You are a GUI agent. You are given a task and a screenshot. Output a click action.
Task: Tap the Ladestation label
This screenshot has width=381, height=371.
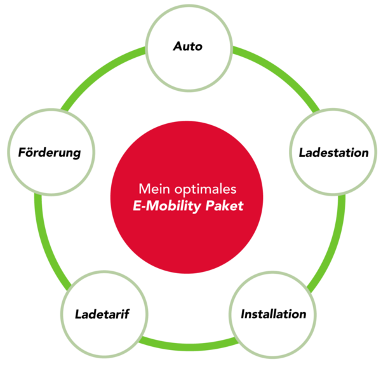click(x=334, y=152)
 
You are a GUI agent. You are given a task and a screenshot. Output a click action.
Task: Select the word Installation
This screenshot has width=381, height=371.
click(x=273, y=314)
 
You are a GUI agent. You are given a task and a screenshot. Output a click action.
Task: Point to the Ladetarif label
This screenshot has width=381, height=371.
click(x=102, y=314)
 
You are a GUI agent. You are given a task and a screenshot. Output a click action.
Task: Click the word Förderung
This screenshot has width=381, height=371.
click(x=50, y=153)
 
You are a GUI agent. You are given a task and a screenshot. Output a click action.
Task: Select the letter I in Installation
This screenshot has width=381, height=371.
click(x=243, y=314)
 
